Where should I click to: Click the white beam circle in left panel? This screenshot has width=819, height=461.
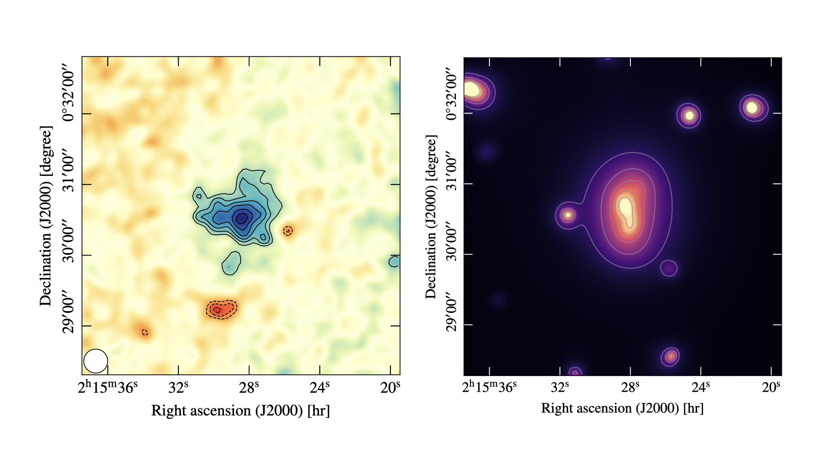96,361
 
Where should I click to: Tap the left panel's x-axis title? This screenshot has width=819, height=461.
241,411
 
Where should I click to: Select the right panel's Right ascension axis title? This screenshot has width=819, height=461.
622,408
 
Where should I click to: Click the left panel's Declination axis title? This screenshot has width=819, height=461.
46,216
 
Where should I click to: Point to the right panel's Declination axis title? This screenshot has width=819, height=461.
431,217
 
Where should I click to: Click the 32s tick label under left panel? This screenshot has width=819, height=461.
178,388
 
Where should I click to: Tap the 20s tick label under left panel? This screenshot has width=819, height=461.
390,388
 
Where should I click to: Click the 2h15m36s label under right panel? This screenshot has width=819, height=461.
489,387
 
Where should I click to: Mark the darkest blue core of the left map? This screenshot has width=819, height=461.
241,218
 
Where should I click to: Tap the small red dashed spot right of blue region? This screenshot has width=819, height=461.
288,231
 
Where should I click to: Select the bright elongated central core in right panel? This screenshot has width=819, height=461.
626,209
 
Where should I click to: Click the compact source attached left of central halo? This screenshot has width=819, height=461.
568,215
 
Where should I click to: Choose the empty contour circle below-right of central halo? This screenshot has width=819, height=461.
668,268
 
